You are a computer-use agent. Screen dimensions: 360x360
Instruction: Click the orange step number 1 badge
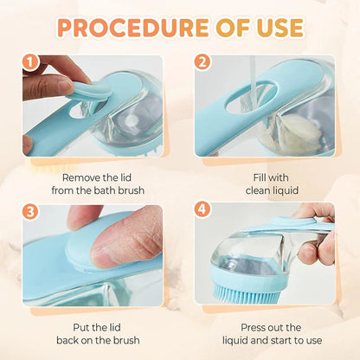31,62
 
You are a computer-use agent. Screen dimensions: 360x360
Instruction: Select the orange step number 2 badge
202,62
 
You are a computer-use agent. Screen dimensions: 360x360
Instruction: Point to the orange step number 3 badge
31,209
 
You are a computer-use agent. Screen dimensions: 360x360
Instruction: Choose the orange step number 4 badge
202,209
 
